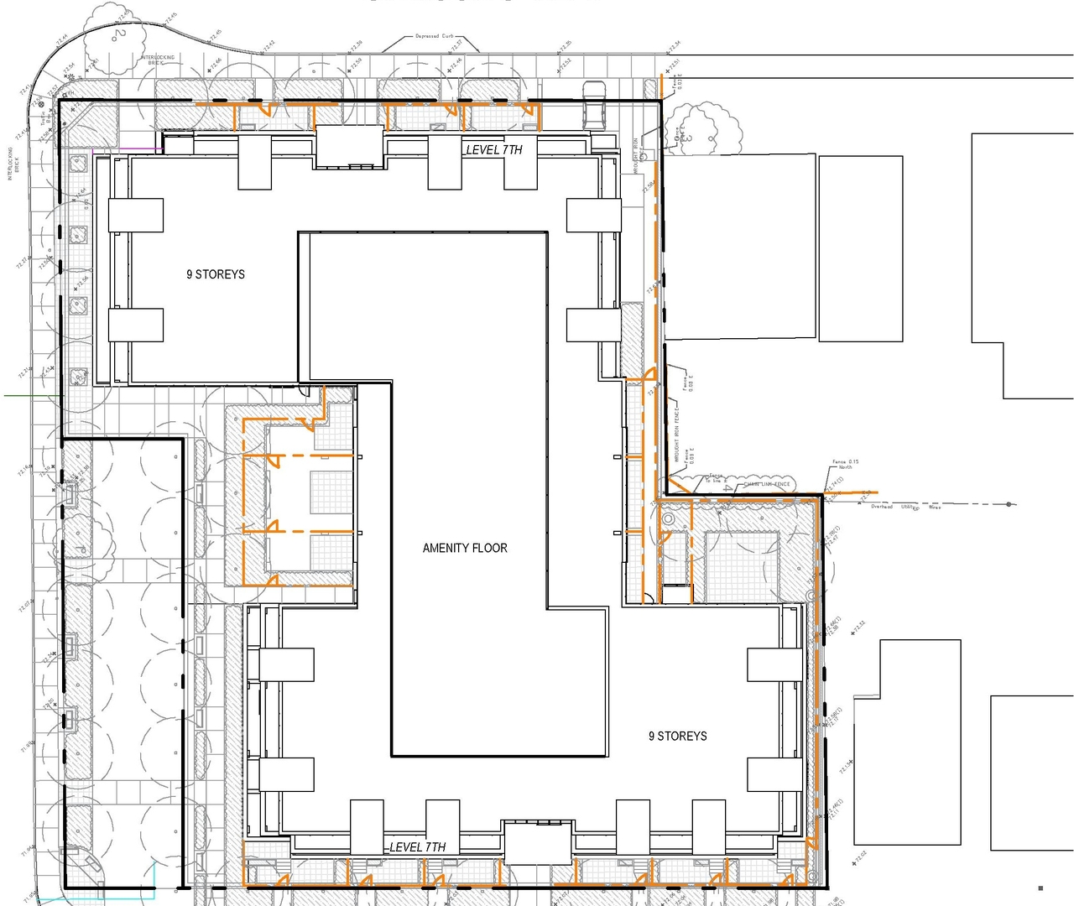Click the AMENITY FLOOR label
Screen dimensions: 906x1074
[x=465, y=548]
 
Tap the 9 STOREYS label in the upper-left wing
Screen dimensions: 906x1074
[x=216, y=274]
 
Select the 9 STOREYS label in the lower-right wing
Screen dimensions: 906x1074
[x=677, y=736]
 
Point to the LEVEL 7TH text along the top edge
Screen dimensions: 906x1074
[x=494, y=149]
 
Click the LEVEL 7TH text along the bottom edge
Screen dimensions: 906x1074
[x=418, y=847]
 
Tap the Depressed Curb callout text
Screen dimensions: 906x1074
[x=434, y=36]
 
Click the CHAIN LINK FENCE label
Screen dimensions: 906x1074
[x=766, y=484]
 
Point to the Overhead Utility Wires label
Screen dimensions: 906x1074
[x=906, y=507]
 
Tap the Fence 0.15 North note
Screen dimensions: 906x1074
[x=845, y=464]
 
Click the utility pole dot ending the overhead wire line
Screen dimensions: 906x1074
[x=1009, y=504]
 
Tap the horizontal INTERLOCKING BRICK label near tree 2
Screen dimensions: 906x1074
[x=159, y=60]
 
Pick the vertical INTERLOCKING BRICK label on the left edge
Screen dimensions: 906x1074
[x=11, y=164]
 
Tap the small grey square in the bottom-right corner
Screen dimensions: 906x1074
[x=1040, y=888]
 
